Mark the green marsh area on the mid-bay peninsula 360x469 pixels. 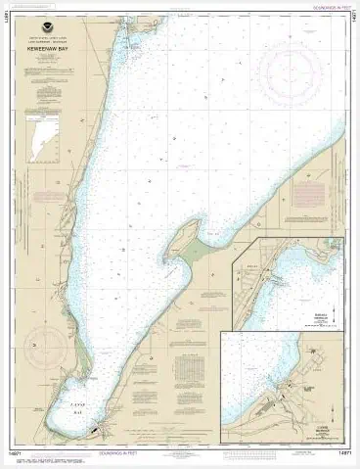[x=201, y=250]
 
